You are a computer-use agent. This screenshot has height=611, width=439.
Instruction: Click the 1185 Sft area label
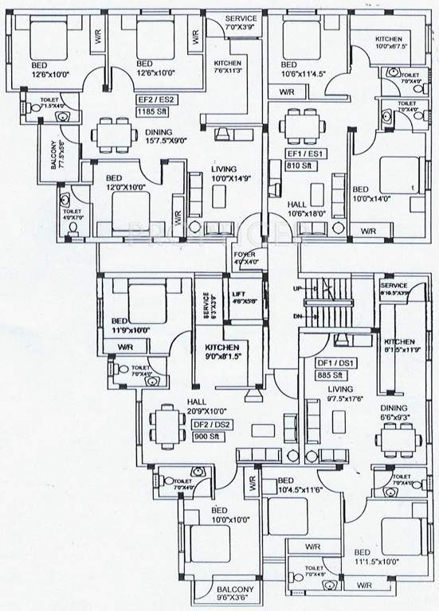(x=153, y=113)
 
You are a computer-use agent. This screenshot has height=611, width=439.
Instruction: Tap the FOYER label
(x=245, y=256)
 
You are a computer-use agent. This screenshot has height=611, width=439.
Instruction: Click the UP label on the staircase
(x=298, y=287)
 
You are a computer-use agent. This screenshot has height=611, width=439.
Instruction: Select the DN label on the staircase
(x=298, y=316)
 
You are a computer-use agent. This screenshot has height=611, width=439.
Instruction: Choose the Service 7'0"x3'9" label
(x=241, y=22)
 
